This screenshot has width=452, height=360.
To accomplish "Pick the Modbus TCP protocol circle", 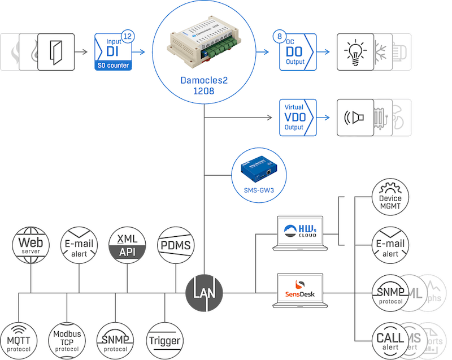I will pyautogui.click(x=67, y=340).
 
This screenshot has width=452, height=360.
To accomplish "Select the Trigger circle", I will pyautogui.click(x=165, y=340).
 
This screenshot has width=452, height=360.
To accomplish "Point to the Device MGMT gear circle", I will pyautogui.click(x=390, y=198).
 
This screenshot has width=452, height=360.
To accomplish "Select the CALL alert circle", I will pyautogui.click(x=390, y=341).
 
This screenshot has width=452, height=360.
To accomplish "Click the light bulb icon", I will pyautogui.click(x=355, y=51).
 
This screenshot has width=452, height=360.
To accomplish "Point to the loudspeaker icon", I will pyautogui.click(x=355, y=118).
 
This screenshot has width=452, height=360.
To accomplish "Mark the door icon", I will pyautogui.click(x=56, y=51).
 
